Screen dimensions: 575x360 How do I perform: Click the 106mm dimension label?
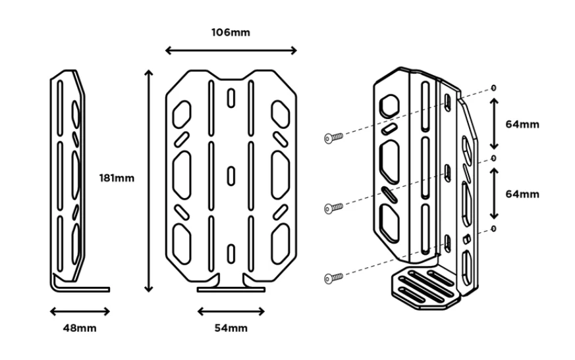click(231, 33)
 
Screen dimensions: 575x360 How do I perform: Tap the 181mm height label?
click(117, 178)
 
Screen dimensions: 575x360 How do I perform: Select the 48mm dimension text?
click(80, 328)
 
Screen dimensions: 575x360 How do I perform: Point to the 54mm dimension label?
click(231, 328)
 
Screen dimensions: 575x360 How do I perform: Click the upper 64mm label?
click(522, 124)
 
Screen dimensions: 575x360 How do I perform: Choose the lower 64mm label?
click(522, 194)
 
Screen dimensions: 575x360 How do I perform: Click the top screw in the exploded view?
click(333, 138)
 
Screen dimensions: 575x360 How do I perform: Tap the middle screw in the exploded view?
click(333, 208)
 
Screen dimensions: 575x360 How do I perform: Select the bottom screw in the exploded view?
click(333, 278)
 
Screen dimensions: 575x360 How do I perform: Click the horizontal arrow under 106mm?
click(231, 50)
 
